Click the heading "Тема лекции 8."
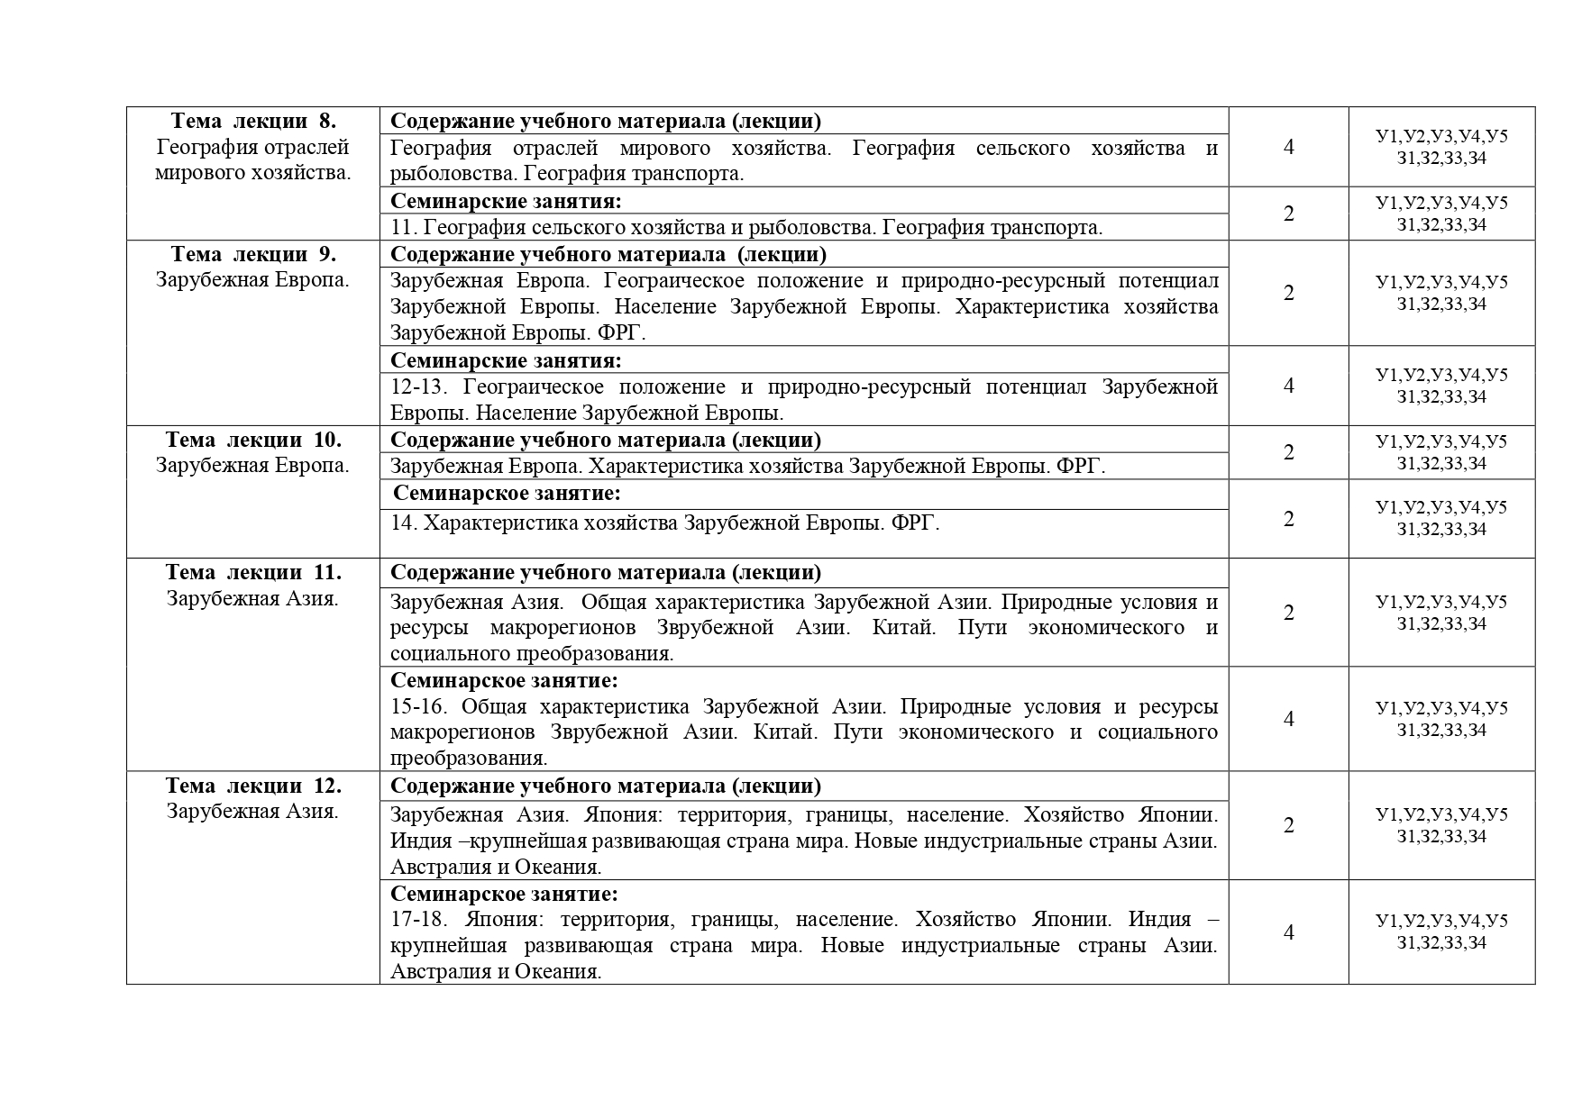point(253,121)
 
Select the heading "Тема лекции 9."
point(253,254)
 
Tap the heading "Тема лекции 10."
point(253,440)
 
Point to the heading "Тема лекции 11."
point(253,572)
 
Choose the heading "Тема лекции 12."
point(253,786)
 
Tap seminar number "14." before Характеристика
point(404,523)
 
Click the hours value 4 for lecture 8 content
point(1288,147)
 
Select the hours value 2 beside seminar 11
point(1288,214)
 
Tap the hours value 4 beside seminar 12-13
point(1288,386)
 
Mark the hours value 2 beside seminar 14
point(1288,519)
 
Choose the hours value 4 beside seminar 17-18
point(1288,932)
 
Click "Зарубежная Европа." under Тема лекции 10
point(252,466)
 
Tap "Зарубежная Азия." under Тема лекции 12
point(252,812)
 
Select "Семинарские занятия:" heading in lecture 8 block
point(506,201)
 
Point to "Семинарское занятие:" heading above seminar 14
point(508,494)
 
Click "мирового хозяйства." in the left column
point(252,173)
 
